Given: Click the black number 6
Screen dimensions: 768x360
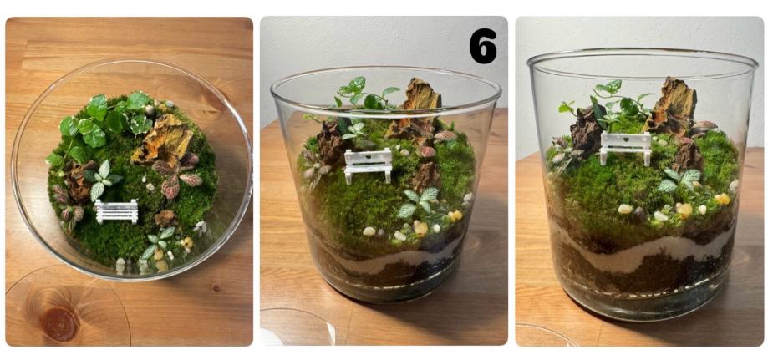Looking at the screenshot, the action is pyautogui.click(x=482, y=46).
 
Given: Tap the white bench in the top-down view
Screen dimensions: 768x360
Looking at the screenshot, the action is pyautogui.click(x=116, y=211).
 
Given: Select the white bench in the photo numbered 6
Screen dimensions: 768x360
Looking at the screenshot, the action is pyautogui.click(x=369, y=165).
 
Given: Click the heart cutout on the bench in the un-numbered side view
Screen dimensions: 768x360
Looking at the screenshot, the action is pyautogui.click(x=626, y=139).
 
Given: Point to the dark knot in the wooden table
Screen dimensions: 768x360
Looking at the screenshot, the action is pyautogui.click(x=60, y=322).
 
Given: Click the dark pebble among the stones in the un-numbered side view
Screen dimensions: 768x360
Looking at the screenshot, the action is pyautogui.click(x=638, y=214).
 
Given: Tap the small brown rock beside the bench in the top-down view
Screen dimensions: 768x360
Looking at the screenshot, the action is pyautogui.click(x=165, y=218).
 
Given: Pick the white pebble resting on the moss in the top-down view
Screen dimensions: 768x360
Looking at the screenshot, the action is pyautogui.click(x=150, y=186).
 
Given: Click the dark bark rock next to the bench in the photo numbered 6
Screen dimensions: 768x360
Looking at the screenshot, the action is pyautogui.click(x=331, y=144).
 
